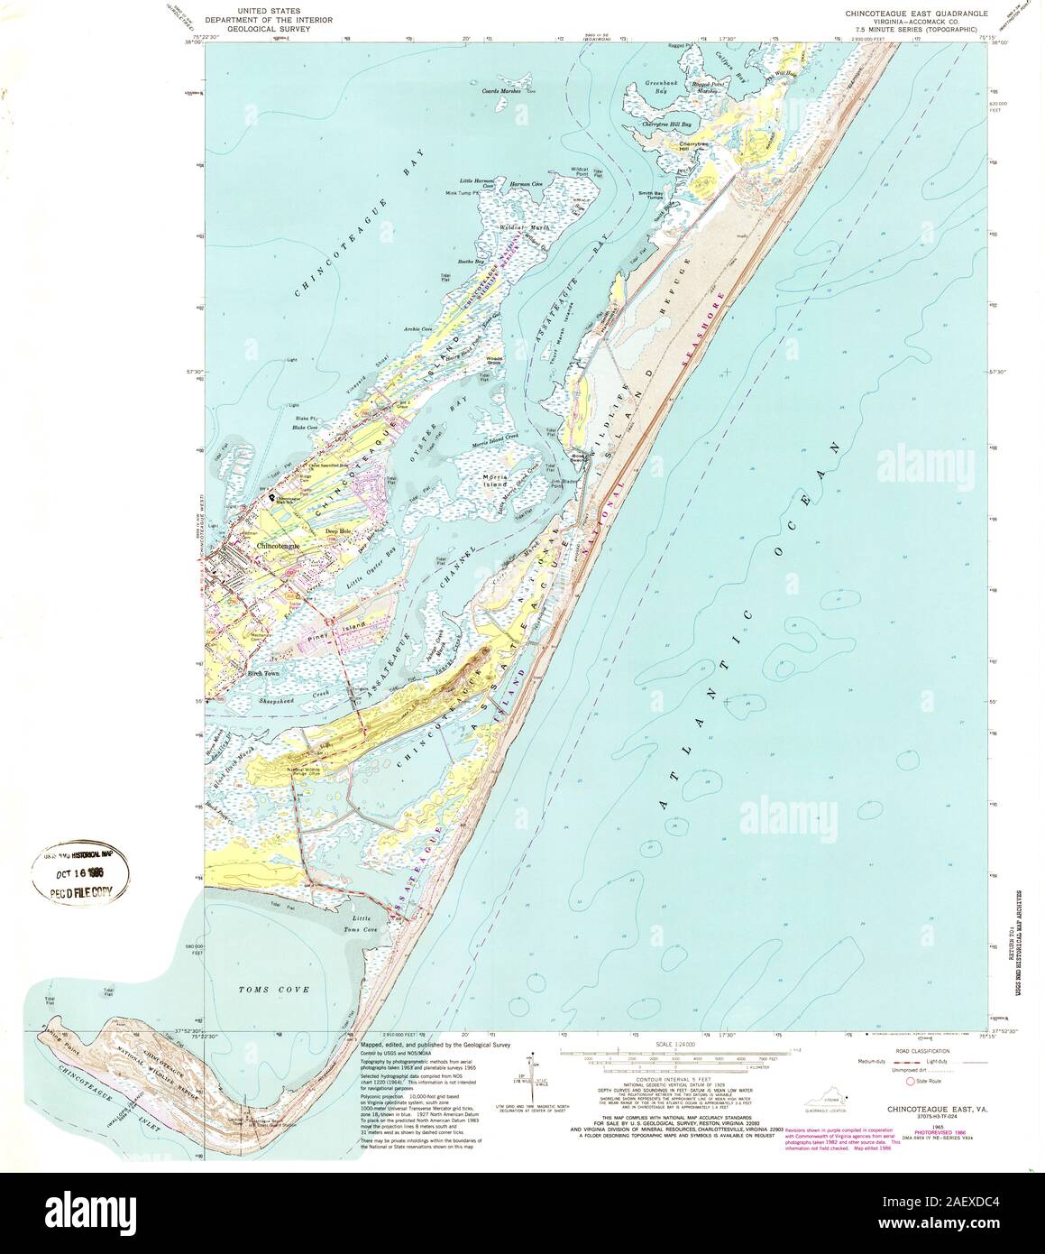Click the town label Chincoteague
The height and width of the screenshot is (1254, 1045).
click(x=280, y=547)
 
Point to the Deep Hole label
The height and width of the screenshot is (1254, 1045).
click(x=340, y=530)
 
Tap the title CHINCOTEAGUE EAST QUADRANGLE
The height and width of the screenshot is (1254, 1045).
click(x=915, y=14)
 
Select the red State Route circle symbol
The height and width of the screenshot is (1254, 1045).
click(x=910, y=1079)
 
